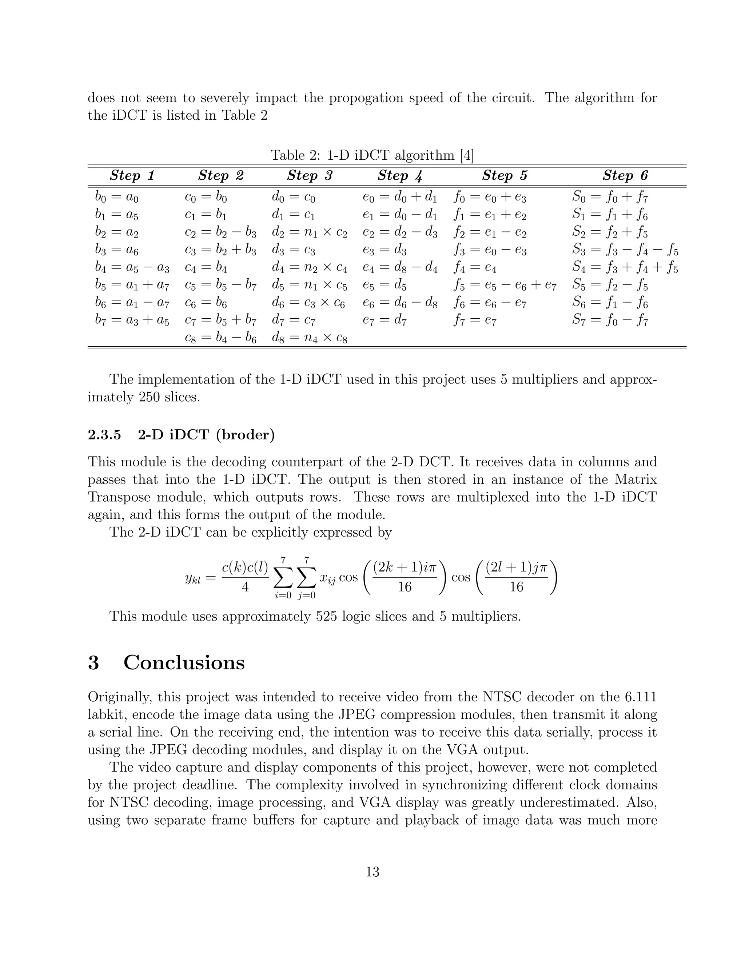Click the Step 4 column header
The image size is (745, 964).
(x=399, y=176)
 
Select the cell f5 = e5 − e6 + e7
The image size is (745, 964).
(x=505, y=285)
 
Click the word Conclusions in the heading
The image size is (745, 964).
(x=184, y=662)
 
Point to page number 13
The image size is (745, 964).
(x=372, y=872)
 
